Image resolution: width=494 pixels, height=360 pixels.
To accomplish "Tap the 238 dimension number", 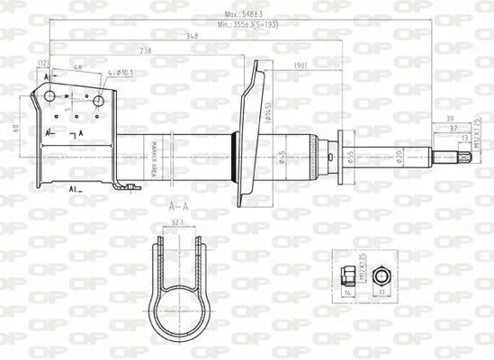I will pyautogui.click(x=146, y=50).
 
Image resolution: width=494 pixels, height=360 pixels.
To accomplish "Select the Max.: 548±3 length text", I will pyautogui.click(x=246, y=13).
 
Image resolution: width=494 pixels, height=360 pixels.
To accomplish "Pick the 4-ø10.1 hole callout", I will pyautogui.click(x=121, y=71).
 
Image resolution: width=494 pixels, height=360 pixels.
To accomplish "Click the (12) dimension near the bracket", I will pyautogui.click(x=42, y=62).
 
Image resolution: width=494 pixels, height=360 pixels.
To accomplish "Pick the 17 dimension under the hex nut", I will pyautogui.click(x=381, y=292).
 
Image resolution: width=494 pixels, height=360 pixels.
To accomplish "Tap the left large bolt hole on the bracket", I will pyautogui.click(x=50, y=97).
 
